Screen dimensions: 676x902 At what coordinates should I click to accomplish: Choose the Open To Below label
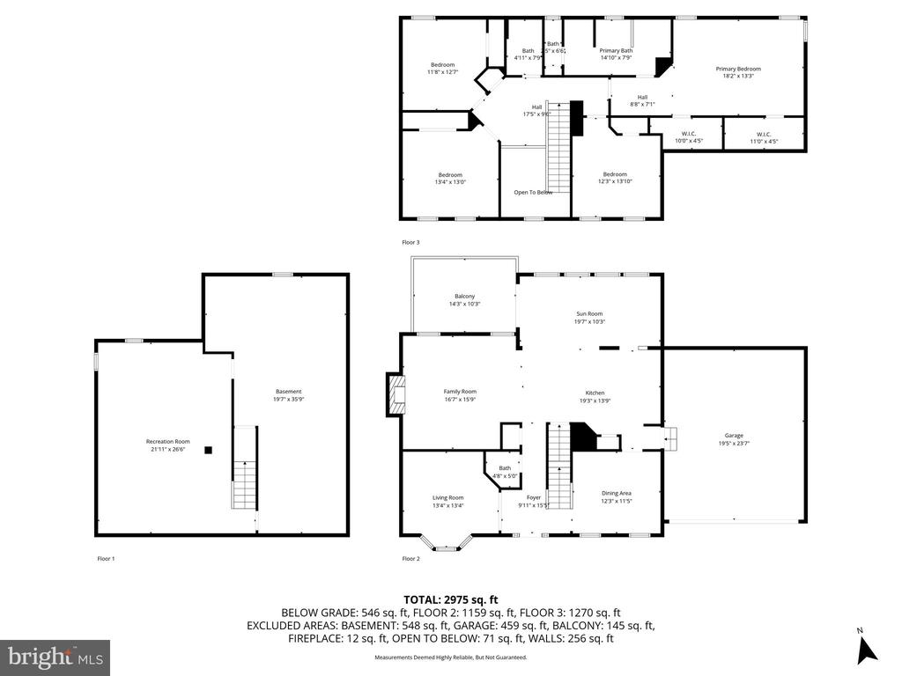(533, 192)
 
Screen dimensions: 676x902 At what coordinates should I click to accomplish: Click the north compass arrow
(867, 648)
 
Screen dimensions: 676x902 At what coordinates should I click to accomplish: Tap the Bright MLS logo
(55, 657)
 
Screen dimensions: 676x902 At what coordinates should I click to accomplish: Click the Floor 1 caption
(106, 559)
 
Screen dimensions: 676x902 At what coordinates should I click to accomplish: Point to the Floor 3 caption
(411, 242)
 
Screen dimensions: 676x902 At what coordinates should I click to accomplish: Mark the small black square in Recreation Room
(209, 450)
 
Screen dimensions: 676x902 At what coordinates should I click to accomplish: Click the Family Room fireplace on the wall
(394, 394)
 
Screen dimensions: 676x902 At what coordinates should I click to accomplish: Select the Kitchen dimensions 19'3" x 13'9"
(595, 400)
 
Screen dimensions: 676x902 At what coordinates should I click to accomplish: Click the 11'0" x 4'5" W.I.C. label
(763, 140)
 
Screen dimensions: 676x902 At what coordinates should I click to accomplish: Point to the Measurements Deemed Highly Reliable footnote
(451, 658)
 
